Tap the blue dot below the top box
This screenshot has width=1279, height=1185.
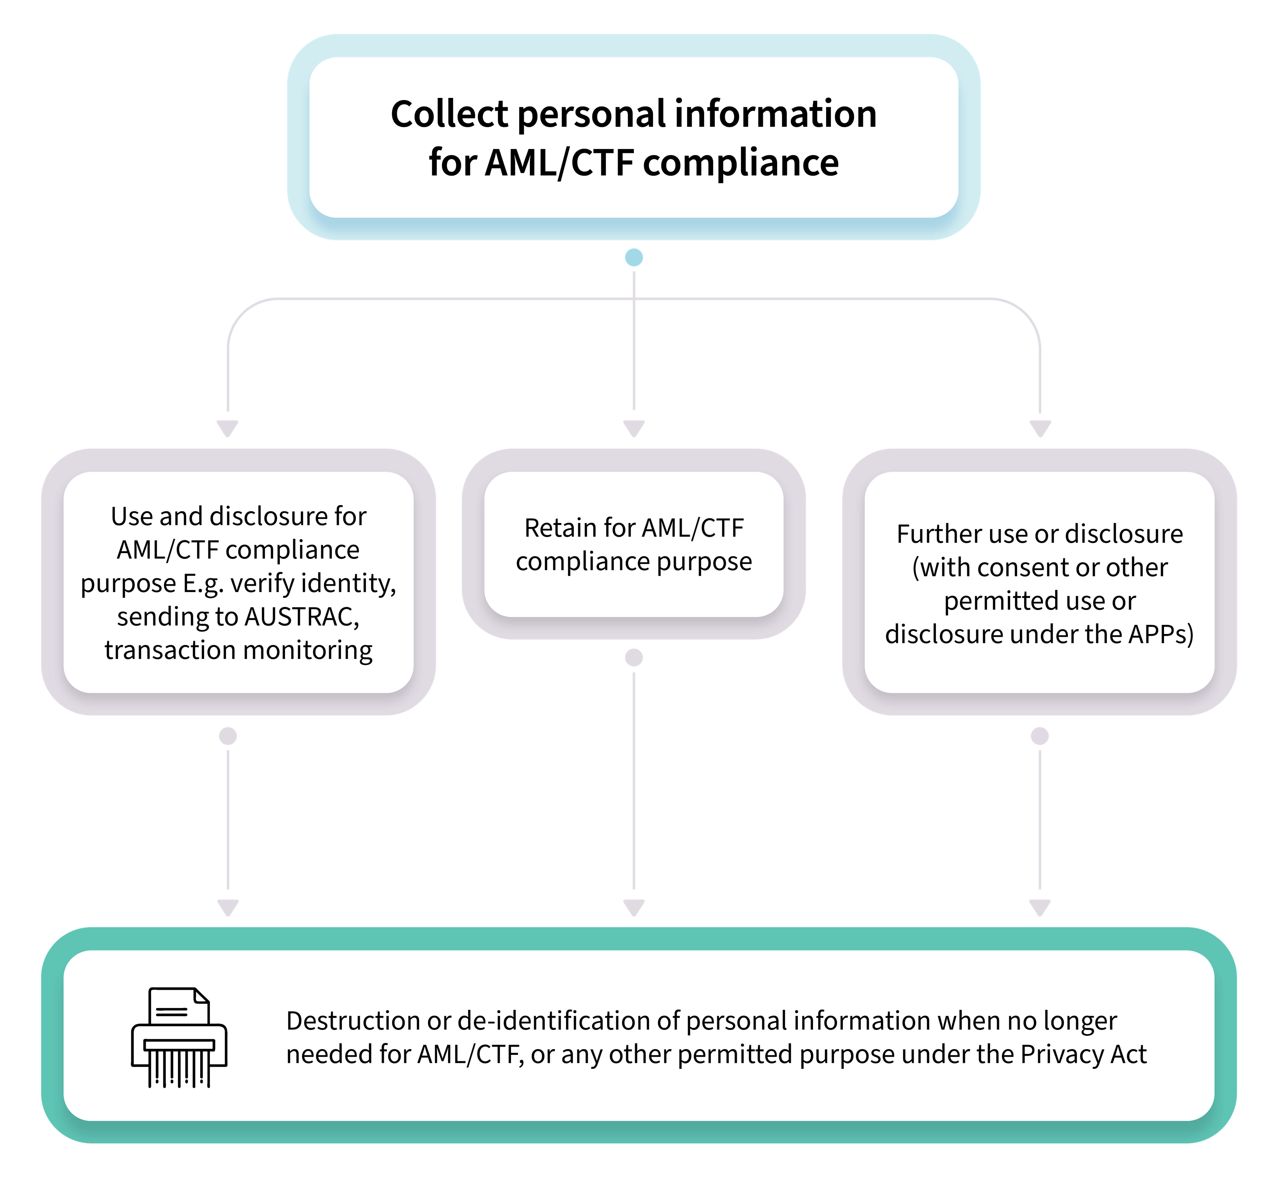tap(634, 258)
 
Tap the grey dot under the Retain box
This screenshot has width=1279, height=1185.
tap(634, 658)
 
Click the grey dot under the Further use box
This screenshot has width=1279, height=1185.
tap(1040, 736)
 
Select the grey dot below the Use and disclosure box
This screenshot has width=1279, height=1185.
tap(228, 736)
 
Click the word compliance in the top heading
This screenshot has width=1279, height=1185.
tap(741, 163)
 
